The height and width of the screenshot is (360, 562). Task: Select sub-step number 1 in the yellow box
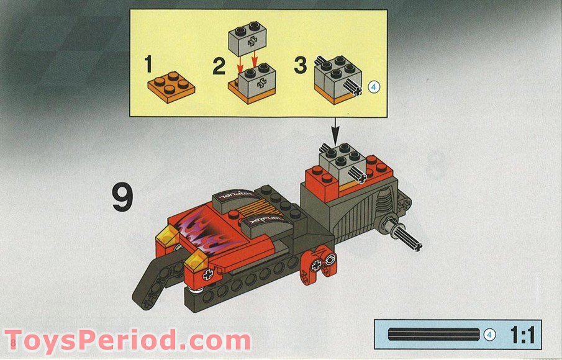tap(148, 65)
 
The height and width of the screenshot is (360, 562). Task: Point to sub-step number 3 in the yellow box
tap(300, 66)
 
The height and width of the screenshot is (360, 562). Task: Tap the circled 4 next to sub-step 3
tap(373, 87)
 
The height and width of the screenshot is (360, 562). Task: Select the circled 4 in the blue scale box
tap(489, 335)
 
